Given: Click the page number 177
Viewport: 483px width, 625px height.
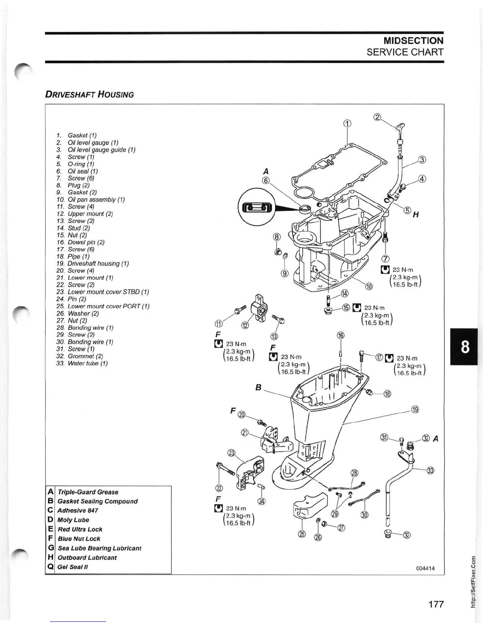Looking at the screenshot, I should tap(436, 604).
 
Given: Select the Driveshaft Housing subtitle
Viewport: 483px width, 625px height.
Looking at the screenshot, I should tap(89, 94).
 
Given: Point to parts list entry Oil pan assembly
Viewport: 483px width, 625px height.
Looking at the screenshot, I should tap(96, 200).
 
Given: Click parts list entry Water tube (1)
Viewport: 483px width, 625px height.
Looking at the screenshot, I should tap(87, 363).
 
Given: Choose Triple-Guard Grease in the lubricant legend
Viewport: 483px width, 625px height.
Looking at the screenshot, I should tap(88, 492).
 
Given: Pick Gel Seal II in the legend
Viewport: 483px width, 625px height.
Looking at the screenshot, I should tap(73, 567).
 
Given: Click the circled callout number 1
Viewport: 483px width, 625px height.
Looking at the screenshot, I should tap(347, 123).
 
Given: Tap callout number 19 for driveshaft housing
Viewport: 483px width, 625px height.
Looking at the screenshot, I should tap(415, 409).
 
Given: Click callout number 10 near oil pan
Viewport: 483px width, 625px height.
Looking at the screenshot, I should tap(369, 287).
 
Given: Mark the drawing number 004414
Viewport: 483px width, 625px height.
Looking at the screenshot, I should tap(425, 568).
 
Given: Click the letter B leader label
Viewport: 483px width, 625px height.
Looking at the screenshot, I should tap(258, 387).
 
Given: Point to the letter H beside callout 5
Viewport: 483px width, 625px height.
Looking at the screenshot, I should tap(416, 215).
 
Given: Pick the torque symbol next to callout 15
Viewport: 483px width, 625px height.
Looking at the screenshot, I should tap(356, 307).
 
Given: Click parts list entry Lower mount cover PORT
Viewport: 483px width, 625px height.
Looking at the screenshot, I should tap(108, 306).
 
